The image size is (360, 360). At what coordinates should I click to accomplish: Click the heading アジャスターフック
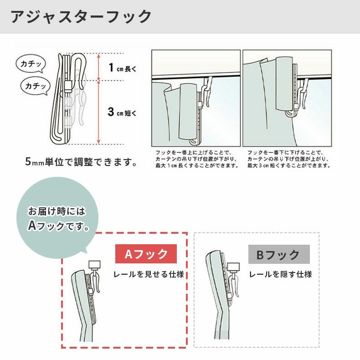coord(81,17)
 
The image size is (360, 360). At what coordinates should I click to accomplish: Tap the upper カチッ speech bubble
coord(31,64)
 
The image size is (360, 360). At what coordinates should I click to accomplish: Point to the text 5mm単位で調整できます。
coord(82,162)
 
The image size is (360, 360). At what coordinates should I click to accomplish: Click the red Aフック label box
coord(146,254)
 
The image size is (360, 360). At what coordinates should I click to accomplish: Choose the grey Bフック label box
coord(279,254)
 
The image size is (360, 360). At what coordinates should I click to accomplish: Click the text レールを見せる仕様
coord(148,275)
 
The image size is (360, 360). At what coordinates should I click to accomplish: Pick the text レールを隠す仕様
coord(280,275)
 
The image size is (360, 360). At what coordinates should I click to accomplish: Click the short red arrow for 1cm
coord(98,67)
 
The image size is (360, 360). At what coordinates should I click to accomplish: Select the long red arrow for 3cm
coord(98,113)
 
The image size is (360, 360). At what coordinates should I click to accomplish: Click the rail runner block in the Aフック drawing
coord(95,264)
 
